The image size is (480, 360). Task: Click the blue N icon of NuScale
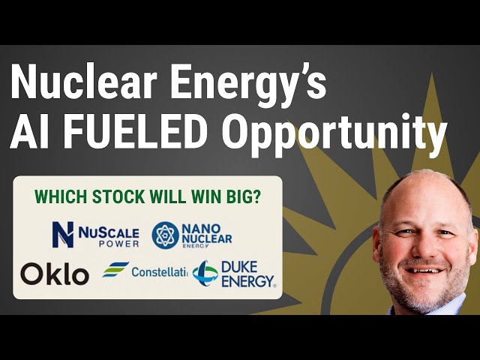[x=62, y=234]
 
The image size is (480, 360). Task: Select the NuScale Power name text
[x=106, y=234]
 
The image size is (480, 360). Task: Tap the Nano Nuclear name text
[x=207, y=235]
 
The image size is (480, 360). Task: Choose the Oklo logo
[x=55, y=274]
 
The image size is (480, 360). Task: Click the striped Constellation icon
[x=116, y=270]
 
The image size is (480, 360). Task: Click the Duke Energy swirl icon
[x=205, y=272]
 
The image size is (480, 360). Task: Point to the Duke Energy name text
[x=247, y=272]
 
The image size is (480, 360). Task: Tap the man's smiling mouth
[x=424, y=268]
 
